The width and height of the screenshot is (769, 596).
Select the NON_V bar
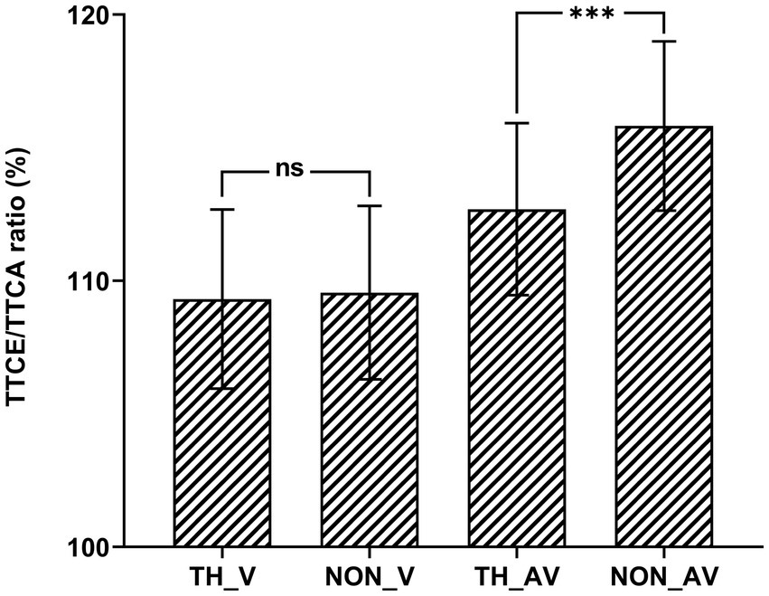tap(370, 421)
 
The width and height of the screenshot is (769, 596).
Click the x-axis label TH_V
tap(222, 575)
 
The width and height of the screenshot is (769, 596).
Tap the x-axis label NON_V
tap(370, 575)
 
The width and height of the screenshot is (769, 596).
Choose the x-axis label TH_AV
tap(517, 575)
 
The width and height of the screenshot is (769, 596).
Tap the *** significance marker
tap(590, 14)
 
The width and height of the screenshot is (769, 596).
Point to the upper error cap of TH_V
tap(222, 209)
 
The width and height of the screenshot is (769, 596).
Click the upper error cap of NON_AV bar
tap(664, 42)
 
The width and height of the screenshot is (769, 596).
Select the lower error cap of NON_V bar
tap(370, 379)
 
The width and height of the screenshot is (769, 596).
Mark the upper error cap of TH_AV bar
tap(517, 123)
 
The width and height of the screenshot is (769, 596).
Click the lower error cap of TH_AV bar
tap(517, 295)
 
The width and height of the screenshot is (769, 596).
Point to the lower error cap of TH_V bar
tap(222, 388)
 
